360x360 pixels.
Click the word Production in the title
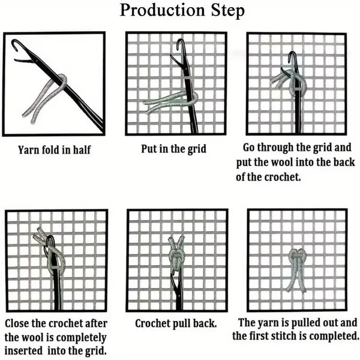tap(163, 11)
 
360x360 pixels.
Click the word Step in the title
tap(227, 11)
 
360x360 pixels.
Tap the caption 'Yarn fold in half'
tap(54, 149)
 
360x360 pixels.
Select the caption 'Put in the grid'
tap(173, 149)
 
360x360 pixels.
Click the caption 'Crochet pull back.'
tap(176, 323)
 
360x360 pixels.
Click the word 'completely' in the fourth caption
tap(81, 338)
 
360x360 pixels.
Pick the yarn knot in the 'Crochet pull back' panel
tap(176, 254)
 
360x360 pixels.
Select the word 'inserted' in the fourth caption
tap(23, 350)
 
